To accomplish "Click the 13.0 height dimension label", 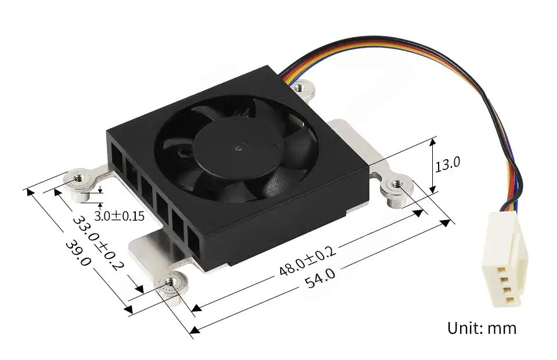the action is click(x=447, y=164).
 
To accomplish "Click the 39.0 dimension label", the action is click(x=78, y=253).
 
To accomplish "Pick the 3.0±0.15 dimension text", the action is click(x=120, y=216).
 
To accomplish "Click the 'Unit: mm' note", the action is click(x=482, y=327).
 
